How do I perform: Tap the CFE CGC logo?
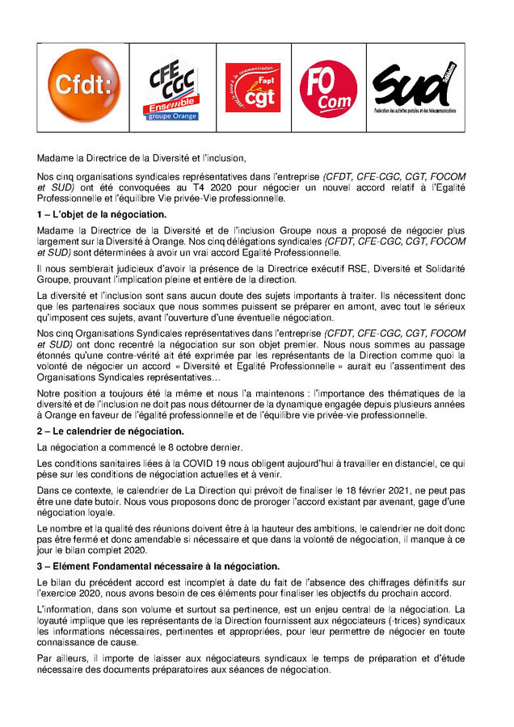(170, 87)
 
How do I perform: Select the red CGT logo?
(252, 86)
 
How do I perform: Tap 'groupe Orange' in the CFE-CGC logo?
(171, 116)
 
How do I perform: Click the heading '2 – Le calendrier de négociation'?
(111, 431)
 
